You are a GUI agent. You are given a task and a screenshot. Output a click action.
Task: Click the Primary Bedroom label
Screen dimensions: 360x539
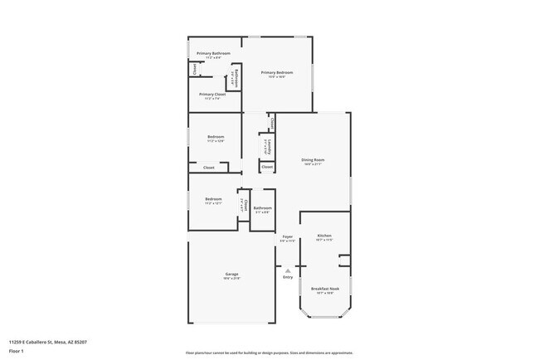(x=279, y=72)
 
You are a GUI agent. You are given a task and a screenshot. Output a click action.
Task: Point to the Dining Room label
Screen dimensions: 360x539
(x=313, y=159)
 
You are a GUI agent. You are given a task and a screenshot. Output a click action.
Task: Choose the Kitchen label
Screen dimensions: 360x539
(x=324, y=236)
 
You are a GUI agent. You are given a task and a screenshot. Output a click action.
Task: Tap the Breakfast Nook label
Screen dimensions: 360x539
(x=325, y=289)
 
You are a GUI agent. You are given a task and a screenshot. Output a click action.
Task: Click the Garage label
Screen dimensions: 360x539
(x=231, y=274)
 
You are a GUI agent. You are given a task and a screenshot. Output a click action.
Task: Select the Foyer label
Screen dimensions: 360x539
(x=288, y=236)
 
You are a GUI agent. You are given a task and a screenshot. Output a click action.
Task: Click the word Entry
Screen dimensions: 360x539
(x=288, y=277)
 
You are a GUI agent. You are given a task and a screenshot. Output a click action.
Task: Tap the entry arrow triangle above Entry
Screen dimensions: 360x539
(x=288, y=270)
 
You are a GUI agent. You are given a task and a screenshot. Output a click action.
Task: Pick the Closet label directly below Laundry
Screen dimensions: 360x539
(x=267, y=168)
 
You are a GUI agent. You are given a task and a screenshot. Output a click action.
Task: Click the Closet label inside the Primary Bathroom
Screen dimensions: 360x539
(x=195, y=70)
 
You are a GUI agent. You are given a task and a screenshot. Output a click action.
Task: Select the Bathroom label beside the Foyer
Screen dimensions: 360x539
(x=263, y=208)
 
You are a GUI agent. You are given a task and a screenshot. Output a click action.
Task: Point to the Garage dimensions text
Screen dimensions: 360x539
(x=231, y=278)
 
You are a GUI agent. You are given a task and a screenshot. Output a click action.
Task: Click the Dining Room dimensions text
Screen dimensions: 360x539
(x=313, y=163)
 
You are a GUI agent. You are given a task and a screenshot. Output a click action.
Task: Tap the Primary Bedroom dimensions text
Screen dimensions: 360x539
(x=279, y=76)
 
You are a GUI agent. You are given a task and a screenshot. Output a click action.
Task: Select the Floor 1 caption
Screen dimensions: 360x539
(x=17, y=351)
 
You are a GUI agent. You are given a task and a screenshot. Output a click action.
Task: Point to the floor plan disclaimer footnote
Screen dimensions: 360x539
(x=269, y=352)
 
